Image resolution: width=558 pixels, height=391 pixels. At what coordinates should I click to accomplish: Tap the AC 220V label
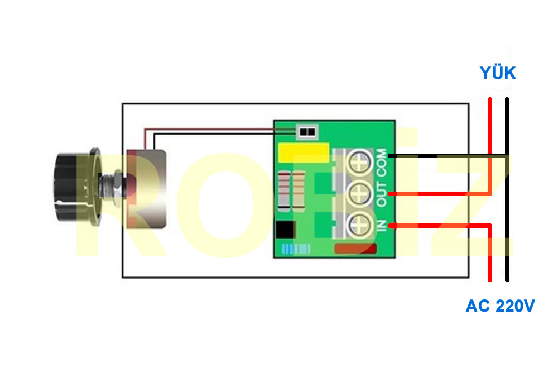coord(500,306)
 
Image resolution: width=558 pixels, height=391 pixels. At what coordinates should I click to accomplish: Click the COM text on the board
coord(382,163)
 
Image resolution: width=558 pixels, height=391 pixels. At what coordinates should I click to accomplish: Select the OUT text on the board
coord(382,194)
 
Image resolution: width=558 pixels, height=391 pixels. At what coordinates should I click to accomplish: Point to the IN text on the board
coord(382,226)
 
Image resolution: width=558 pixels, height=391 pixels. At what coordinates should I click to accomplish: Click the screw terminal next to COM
coord(359,163)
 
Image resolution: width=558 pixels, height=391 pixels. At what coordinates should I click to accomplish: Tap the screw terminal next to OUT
coord(359,194)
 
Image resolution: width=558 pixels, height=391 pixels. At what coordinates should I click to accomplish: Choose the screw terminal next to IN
coord(359,226)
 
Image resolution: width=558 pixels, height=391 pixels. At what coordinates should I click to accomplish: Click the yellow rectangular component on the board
coord(304,152)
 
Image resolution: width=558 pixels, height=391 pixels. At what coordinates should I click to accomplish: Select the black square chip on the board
coord(285,230)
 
